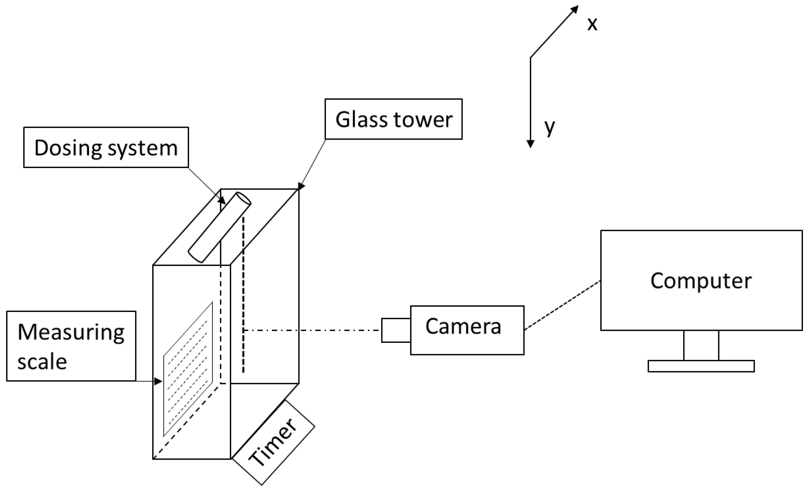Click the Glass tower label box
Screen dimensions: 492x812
[394, 119]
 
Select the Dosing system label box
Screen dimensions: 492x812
[106, 147]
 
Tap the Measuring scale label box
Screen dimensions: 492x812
[71, 346]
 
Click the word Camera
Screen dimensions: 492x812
[463, 326]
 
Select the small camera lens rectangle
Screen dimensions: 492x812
[396, 330]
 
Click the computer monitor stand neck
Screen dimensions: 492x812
[701, 345]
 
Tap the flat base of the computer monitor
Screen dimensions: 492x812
[701, 366]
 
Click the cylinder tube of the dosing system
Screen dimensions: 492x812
[219, 227]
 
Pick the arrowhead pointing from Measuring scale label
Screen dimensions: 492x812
[158, 382]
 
